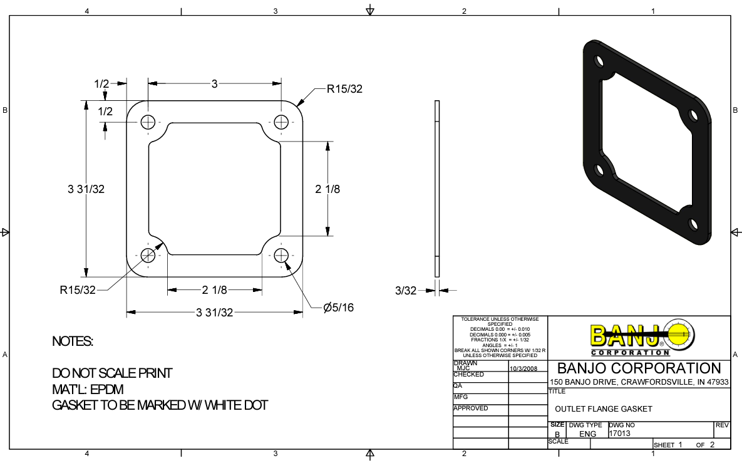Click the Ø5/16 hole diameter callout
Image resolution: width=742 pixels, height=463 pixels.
point(338,308)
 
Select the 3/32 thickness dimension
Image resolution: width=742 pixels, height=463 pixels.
point(405,290)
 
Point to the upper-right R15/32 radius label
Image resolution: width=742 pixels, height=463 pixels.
point(344,89)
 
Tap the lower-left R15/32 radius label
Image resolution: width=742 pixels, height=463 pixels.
point(78,290)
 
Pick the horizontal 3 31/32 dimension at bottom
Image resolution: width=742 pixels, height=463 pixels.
point(214,312)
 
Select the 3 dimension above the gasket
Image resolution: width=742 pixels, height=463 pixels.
point(214,83)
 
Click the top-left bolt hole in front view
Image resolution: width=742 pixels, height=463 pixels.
point(148,122)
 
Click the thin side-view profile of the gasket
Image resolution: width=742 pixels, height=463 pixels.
point(437,188)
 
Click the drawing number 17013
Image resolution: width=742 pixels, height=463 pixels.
point(619,433)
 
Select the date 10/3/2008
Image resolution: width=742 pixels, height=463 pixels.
point(523,368)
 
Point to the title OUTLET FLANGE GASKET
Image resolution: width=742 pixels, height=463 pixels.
point(604,409)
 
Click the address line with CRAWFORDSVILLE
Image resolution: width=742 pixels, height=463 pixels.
point(639,382)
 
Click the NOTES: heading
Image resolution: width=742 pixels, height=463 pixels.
point(73,341)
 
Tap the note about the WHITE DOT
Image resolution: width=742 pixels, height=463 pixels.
point(160,405)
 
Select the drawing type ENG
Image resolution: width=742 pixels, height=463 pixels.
point(587,434)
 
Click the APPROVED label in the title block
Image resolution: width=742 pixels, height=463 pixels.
point(470,408)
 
